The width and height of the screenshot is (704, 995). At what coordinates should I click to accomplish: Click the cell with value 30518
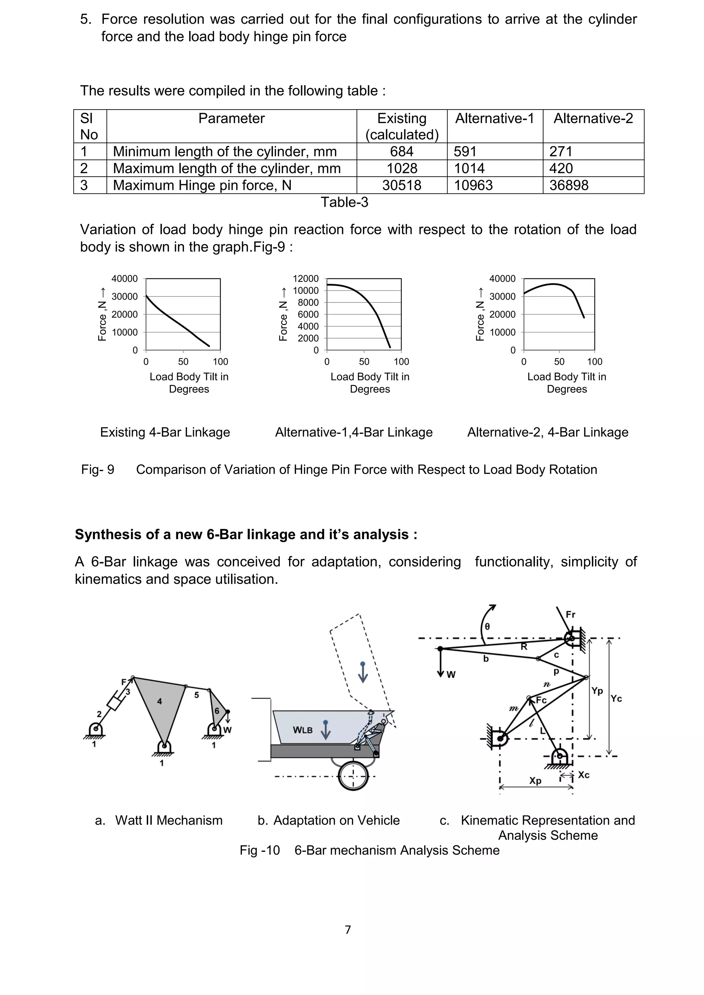(x=401, y=186)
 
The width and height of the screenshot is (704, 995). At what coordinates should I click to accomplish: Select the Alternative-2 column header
(x=593, y=118)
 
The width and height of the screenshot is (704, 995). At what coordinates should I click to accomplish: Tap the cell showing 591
(x=465, y=152)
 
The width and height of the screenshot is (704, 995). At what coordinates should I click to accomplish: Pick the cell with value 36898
(x=569, y=186)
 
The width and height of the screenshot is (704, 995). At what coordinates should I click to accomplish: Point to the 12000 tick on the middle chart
(x=306, y=279)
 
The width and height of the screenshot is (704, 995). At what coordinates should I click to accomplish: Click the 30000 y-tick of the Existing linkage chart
(x=124, y=297)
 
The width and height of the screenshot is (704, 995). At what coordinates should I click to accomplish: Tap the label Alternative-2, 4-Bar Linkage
(x=548, y=432)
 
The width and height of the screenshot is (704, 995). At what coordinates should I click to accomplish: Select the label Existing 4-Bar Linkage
(x=165, y=432)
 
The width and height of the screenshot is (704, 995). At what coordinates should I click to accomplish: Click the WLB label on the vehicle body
(x=302, y=730)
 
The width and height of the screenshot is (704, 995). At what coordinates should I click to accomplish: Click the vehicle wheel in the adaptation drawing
(x=353, y=776)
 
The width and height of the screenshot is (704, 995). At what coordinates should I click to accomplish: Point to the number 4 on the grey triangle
(x=159, y=701)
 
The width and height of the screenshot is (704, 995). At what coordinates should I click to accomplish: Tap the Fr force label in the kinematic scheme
(x=571, y=615)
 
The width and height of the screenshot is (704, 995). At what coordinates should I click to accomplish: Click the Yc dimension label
(x=616, y=698)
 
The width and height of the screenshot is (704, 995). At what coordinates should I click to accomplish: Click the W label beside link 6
(x=228, y=730)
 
